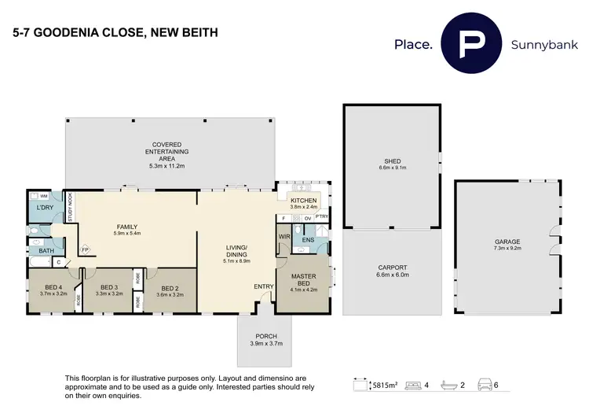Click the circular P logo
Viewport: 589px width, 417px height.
tap(470, 45)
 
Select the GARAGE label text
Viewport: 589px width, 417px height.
tap(507, 242)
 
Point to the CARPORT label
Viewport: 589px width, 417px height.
tap(392, 268)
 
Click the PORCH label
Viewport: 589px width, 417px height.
tap(265, 336)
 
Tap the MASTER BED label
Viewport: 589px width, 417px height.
tap(304, 281)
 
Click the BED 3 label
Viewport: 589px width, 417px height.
tap(108, 287)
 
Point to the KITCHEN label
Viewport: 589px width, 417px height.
tap(303, 201)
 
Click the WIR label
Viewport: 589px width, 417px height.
tap(284, 235)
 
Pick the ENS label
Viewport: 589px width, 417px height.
tap(309, 238)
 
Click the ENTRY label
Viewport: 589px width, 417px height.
tap(263, 286)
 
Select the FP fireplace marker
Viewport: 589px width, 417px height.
tap(85, 249)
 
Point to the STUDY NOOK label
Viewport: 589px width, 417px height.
tap(70, 208)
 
